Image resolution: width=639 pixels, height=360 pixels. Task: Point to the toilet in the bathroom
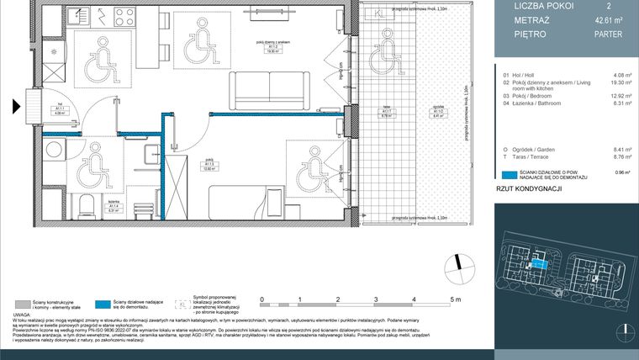tap(84, 206)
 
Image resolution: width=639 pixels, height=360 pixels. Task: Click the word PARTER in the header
tap(585, 34)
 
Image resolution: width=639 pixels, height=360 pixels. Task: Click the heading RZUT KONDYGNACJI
tap(528, 190)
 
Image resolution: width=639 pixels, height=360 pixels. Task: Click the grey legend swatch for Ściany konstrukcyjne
tap(23, 304)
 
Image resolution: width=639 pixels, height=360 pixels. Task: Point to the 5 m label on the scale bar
tap(454, 299)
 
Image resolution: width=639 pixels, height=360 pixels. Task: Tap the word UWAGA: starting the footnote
tap(25, 315)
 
